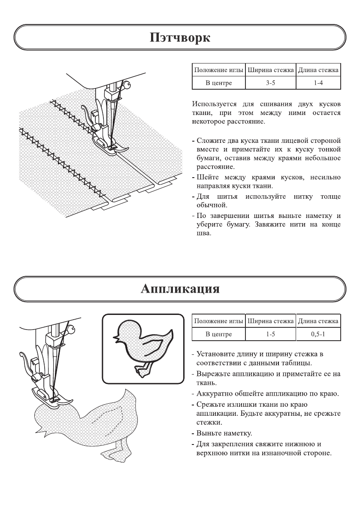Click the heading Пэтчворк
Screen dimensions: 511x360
click(180, 38)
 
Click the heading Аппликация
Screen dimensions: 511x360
click(180, 289)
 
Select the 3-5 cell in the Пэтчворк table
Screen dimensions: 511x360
click(270, 83)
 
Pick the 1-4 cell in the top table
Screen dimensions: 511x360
click(318, 83)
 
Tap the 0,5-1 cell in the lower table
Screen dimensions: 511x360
click(318, 334)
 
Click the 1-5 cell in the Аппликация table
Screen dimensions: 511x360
click(270, 334)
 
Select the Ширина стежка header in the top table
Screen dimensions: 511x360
click(270, 70)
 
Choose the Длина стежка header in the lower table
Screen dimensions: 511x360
click(318, 321)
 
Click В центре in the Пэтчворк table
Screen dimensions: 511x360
click(218, 83)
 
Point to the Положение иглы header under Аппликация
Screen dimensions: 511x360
click(218, 321)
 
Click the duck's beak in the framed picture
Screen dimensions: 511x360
click(116, 339)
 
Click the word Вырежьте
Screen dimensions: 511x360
click(213, 374)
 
